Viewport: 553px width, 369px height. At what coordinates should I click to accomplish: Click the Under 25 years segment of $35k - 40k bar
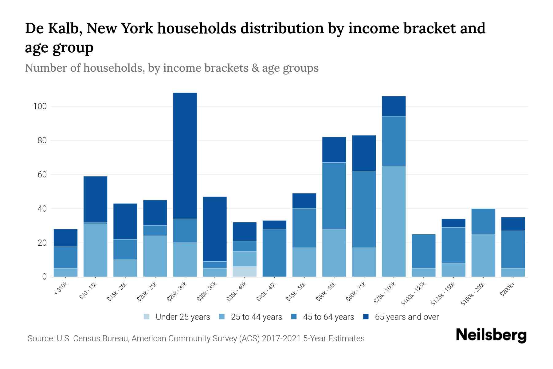tap(245, 272)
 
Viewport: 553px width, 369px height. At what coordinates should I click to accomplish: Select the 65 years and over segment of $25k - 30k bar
tap(185, 156)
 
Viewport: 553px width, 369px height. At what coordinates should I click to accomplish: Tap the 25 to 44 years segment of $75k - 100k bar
tap(394, 221)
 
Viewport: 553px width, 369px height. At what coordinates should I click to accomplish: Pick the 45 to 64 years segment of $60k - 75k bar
tap(364, 209)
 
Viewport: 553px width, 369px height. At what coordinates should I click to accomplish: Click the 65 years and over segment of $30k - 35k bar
tap(215, 229)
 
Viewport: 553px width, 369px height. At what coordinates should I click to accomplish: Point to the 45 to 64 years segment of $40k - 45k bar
tap(274, 253)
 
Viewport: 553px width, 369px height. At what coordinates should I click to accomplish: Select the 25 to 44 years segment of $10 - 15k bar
tap(95, 250)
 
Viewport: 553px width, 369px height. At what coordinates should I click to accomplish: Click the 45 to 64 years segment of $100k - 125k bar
tap(424, 251)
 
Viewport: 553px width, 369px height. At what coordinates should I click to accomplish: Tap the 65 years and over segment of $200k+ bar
tap(513, 224)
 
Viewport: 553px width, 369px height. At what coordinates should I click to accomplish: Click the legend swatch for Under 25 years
tap(147, 317)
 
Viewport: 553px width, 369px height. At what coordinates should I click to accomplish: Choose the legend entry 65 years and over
tap(407, 317)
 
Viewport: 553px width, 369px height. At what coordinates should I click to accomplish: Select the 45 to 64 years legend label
tap(328, 317)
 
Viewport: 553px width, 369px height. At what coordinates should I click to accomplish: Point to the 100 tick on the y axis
tap(40, 106)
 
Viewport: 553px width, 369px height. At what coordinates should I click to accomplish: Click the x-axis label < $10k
tap(61, 289)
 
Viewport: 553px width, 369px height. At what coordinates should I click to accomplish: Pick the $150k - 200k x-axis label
tap(473, 294)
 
